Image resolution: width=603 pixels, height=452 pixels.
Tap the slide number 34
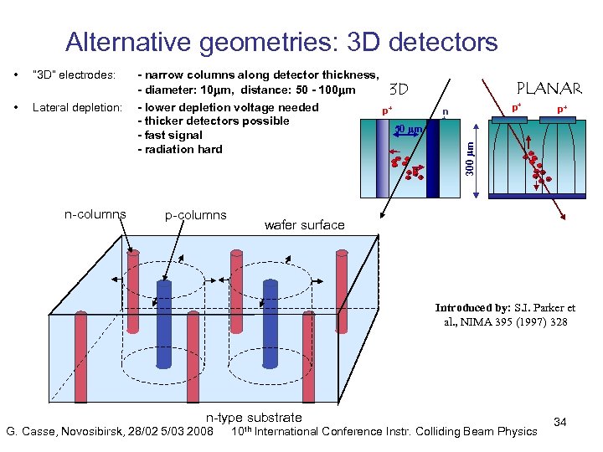tap(560, 422)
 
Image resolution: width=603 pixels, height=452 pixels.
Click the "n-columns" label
tap(95, 213)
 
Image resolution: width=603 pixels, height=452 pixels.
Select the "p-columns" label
tap(196, 215)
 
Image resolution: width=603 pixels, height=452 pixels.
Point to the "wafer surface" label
tap(304, 224)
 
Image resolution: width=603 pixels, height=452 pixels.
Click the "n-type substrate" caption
tap(254, 417)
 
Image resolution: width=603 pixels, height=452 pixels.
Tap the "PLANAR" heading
tap(549, 88)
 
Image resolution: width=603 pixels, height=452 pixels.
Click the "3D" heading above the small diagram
tap(399, 89)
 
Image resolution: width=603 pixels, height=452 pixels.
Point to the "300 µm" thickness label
tap(469, 158)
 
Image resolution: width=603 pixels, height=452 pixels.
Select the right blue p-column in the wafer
tap(270, 322)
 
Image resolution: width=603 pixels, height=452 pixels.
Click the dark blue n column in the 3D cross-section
tap(432, 159)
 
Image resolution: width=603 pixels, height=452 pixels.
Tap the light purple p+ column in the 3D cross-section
tap(383, 159)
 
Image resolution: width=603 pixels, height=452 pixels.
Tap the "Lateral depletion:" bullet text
tap(77, 107)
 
